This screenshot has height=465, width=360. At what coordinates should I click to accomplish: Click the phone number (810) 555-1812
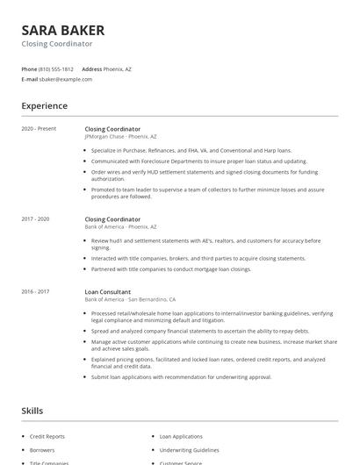point(57,68)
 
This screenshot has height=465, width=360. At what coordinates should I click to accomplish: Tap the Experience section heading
point(44,106)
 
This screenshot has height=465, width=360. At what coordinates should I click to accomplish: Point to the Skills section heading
point(32,411)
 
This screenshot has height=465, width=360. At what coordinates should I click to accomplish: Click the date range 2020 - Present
point(39,129)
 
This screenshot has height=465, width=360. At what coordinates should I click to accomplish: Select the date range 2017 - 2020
point(36,218)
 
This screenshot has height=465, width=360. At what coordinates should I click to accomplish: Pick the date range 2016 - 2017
point(36,291)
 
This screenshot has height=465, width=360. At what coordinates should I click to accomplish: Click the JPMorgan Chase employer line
point(121,137)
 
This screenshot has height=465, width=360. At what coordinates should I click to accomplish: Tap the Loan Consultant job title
point(108,291)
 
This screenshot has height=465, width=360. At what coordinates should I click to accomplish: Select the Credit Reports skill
point(47,436)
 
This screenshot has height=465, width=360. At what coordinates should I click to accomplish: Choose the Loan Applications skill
point(181,436)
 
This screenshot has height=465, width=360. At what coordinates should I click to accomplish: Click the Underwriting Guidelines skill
point(189,449)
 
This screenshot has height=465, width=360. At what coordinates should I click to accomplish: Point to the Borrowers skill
point(43,449)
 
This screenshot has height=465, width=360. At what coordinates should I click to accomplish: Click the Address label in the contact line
point(91,68)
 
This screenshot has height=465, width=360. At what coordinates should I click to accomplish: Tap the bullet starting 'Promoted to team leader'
point(207,192)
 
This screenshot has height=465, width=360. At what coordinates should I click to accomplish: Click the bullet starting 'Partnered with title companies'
point(171,269)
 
